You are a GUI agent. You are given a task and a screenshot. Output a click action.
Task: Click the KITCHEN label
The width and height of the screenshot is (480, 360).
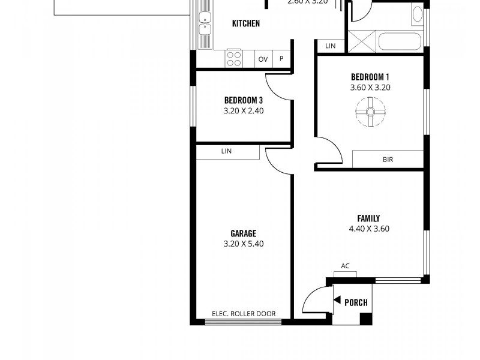tap(246, 23)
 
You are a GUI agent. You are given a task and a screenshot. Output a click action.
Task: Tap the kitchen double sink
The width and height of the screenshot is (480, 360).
tap(205, 23)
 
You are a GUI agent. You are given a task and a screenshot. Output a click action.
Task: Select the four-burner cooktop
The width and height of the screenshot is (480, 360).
tap(233, 58)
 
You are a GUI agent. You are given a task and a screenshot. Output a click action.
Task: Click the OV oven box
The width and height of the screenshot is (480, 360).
tap(263, 59)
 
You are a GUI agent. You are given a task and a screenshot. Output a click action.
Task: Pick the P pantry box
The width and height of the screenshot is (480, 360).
tap(281, 59)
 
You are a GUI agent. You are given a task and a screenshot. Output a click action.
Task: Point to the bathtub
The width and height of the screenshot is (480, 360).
tap(400, 41)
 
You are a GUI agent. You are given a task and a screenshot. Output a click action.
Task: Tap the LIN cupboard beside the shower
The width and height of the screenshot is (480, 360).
tap(330, 46)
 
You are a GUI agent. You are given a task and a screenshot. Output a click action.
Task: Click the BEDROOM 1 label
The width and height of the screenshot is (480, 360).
tap(370, 77)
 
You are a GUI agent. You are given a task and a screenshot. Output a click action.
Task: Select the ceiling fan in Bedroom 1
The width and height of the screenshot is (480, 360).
tap(370, 113)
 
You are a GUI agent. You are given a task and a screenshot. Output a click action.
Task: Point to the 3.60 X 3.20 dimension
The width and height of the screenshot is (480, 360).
tap(370, 88)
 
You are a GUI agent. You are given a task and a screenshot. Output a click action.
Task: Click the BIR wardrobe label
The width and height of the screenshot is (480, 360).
tap(388, 160)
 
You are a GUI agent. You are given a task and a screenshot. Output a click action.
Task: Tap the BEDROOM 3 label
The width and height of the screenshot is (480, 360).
tap(244, 100)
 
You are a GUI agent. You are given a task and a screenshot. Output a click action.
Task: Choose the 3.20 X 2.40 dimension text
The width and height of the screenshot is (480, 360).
tap(244, 111)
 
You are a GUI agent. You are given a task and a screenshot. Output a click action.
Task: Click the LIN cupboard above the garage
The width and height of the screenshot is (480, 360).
tap(226, 152)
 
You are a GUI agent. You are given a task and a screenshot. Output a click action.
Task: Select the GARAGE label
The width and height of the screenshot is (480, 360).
tap(244, 233)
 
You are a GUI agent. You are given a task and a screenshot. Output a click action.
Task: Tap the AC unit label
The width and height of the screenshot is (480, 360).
tap(345, 266)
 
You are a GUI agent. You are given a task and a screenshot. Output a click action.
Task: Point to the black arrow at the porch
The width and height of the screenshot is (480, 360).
tap(337, 301)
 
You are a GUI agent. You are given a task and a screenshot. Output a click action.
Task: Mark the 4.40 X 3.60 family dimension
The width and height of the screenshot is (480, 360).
tap(369, 229)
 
